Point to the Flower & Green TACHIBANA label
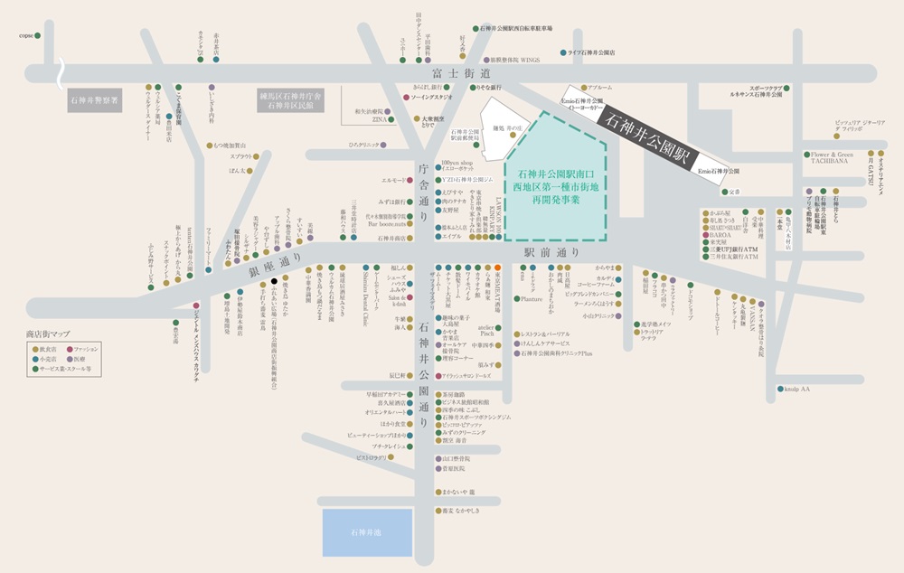[831, 159]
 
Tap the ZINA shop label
[380, 118]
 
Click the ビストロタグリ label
[374, 458]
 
